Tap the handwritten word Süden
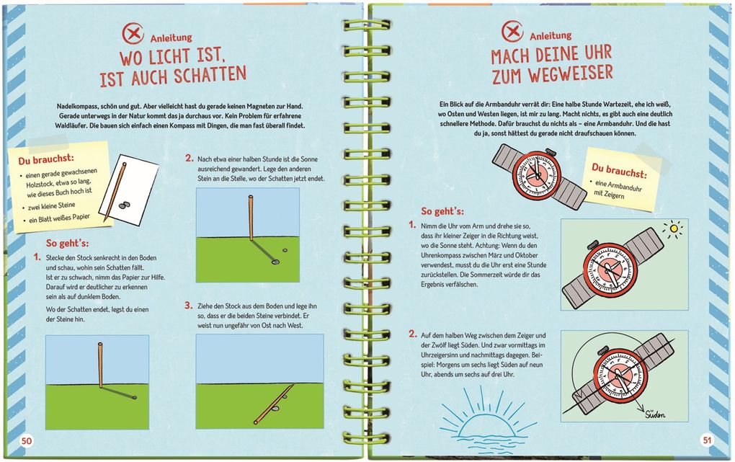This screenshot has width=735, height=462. point(651,413)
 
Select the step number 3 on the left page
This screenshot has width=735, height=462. point(188,305)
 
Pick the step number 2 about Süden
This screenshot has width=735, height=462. point(412,334)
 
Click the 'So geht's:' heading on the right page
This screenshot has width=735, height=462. point(442,211)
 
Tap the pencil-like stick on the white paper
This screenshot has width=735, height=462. point(115,191)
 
